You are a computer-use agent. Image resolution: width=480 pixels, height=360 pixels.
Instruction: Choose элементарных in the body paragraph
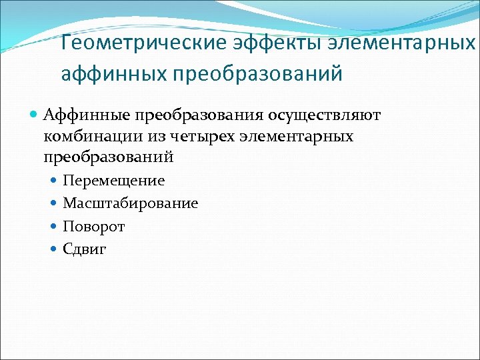click(295, 136)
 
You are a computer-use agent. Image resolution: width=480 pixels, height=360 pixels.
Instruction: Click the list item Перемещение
click(113, 181)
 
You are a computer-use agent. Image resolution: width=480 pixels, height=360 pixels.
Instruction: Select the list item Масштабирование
click(130, 203)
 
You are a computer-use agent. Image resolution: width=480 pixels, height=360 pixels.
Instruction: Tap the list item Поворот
click(93, 227)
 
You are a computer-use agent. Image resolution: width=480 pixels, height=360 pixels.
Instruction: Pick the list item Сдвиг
click(85, 249)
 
